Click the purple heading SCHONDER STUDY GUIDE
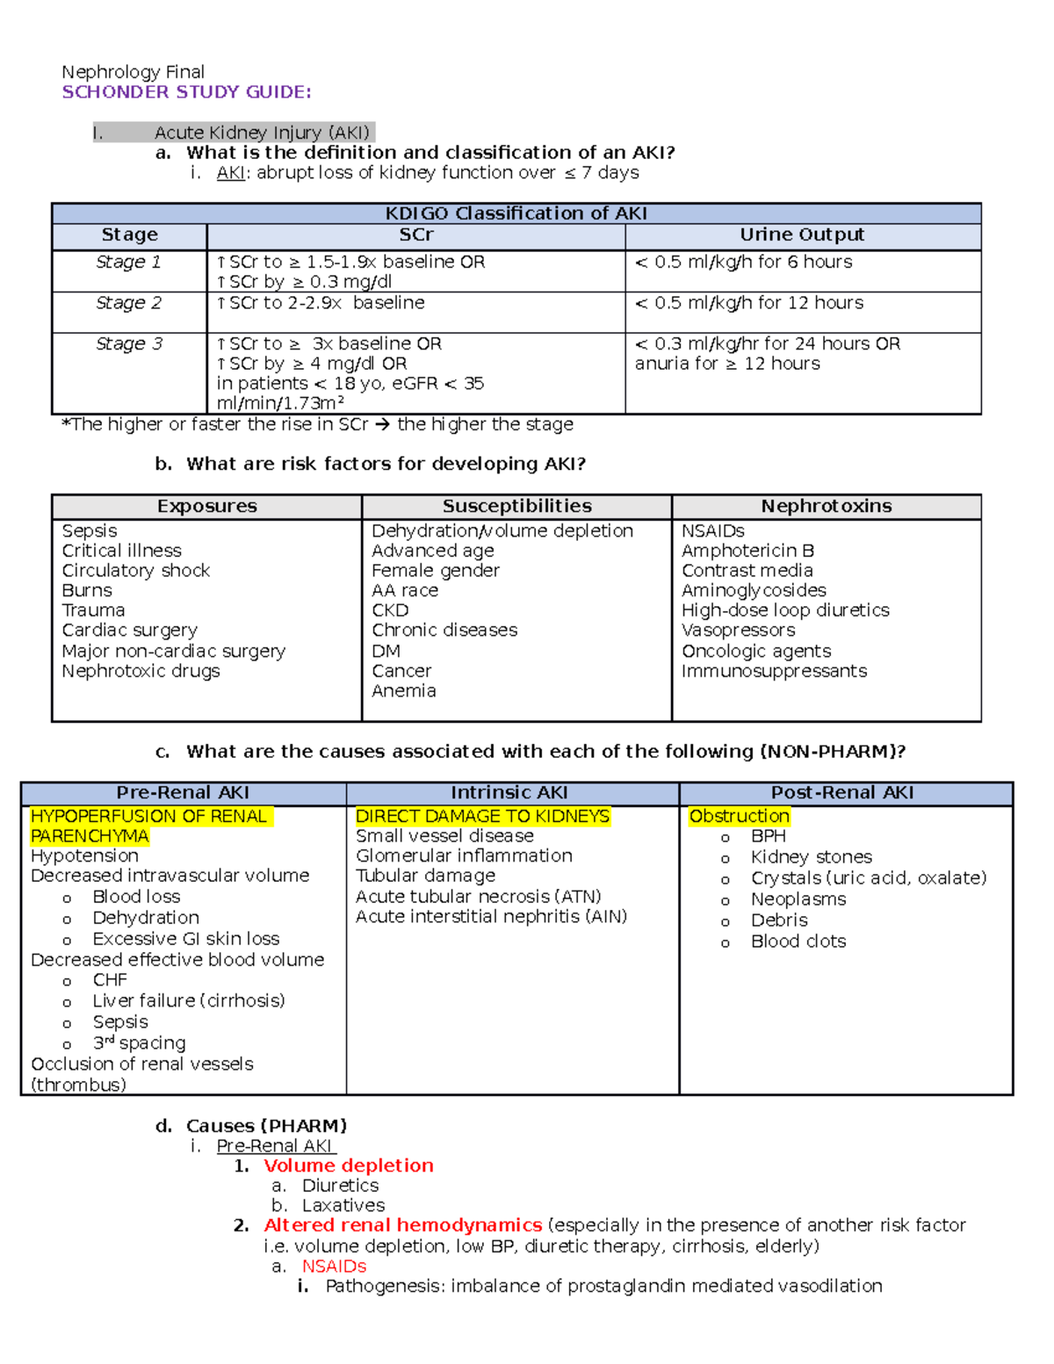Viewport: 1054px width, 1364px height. pyautogui.click(x=186, y=92)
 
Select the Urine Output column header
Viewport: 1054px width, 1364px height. pyautogui.click(x=802, y=235)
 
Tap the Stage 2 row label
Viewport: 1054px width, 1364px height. pyautogui.click(x=128, y=303)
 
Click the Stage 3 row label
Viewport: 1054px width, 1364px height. pyautogui.click(x=128, y=343)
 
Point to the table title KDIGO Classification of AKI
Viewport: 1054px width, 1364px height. pyautogui.click(x=516, y=213)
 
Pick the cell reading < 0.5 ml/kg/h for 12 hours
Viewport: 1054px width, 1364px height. pyautogui.click(x=749, y=303)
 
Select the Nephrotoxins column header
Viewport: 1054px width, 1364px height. pyautogui.click(x=826, y=506)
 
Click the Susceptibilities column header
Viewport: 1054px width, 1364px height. pyautogui.click(x=516, y=506)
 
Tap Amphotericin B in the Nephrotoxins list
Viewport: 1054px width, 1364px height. pyautogui.click(x=747, y=551)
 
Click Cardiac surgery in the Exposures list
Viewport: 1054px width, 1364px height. pyautogui.click(x=129, y=630)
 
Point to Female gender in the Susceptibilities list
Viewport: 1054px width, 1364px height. pyautogui.click(x=435, y=571)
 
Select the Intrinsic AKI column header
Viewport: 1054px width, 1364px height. pyautogui.click(x=509, y=792)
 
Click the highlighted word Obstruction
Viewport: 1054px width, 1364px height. pyautogui.click(x=739, y=816)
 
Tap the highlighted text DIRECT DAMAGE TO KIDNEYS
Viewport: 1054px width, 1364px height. pyautogui.click(x=482, y=816)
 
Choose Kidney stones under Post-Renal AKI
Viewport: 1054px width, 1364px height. pyautogui.click(x=811, y=857)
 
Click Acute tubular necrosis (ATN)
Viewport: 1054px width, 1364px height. pyautogui.click(x=478, y=897)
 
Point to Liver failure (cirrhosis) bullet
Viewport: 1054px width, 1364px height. pyautogui.click(x=188, y=1000)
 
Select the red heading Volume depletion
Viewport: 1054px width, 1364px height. pyautogui.click(x=348, y=1166)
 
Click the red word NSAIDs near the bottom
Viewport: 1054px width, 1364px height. pyautogui.click(x=334, y=1267)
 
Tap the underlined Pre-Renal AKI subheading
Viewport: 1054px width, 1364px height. pyautogui.click(x=274, y=1146)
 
